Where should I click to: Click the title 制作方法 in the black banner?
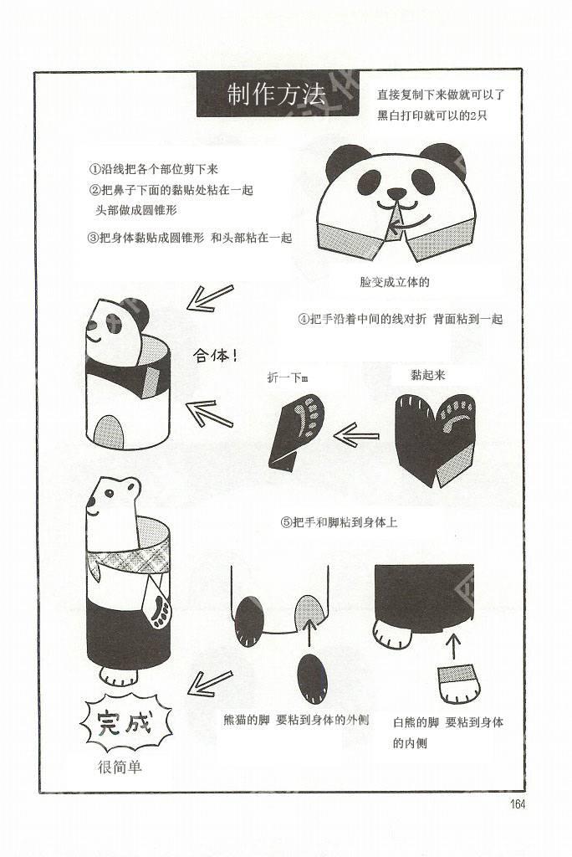(x=276, y=95)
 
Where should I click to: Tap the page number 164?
(x=517, y=804)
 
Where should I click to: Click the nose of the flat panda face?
(x=396, y=193)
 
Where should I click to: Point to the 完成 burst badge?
(x=126, y=722)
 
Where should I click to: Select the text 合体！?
(x=215, y=357)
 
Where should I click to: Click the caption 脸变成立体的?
(x=395, y=282)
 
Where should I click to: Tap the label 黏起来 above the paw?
(x=428, y=375)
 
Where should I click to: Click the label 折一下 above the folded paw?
(x=288, y=377)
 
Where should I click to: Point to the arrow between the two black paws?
(x=356, y=435)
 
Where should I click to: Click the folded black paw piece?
(x=295, y=433)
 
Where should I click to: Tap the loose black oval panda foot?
(x=313, y=678)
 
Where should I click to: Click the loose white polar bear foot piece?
(x=458, y=685)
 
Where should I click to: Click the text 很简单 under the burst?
(x=119, y=767)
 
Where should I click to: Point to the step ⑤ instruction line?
(x=339, y=522)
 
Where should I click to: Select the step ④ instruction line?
(x=400, y=319)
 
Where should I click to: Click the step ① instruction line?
(x=154, y=169)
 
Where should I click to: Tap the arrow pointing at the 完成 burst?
(x=209, y=683)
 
